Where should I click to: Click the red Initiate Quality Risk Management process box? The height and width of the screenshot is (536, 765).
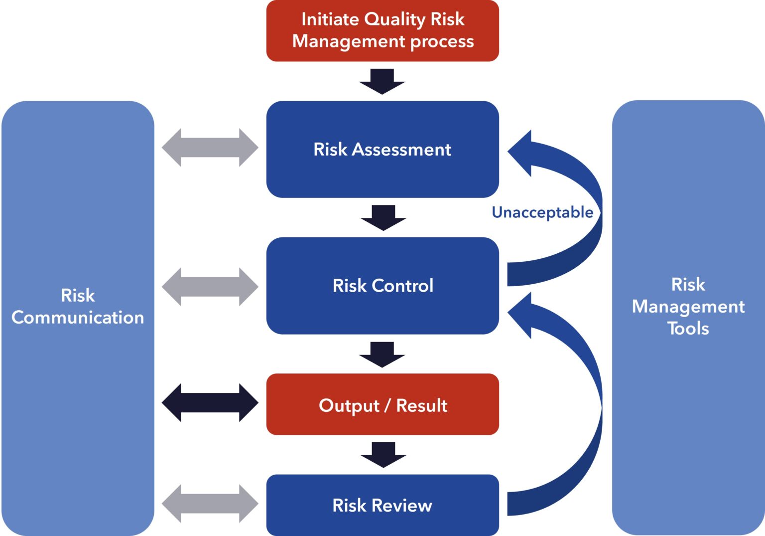pyautogui.click(x=382, y=31)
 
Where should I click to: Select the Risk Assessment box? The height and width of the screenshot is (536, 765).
pyautogui.click(x=382, y=150)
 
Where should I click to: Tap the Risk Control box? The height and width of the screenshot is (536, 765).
pyautogui.click(x=382, y=286)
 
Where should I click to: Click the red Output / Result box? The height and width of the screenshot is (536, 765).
pyautogui.click(x=382, y=405)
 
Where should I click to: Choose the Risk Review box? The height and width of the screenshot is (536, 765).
pyautogui.click(x=382, y=505)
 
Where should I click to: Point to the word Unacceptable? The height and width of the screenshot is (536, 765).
pyautogui.click(x=542, y=212)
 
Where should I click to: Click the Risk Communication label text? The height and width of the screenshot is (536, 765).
pyautogui.click(x=78, y=307)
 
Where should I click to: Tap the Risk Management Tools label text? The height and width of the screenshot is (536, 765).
pyautogui.click(x=688, y=306)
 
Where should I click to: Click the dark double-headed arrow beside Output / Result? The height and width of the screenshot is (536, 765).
pyautogui.click(x=210, y=403)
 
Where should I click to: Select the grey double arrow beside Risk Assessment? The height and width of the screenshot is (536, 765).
pyautogui.click(x=210, y=148)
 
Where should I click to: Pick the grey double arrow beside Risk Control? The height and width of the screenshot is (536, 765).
pyautogui.click(x=210, y=287)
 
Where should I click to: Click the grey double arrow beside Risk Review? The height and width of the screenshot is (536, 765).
pyautogui.click(x=210, y=504)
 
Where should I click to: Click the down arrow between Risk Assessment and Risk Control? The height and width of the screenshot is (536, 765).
pyautogui.click(x=383, y=218)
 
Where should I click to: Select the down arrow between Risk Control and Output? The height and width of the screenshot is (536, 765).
pyautogui.click(x=382, y=355)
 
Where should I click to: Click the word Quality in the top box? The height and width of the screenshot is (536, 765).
pyautogui.click(x=395, y=19)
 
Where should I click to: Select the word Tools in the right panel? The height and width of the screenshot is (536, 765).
pyautogui.click(x=688, y=328)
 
